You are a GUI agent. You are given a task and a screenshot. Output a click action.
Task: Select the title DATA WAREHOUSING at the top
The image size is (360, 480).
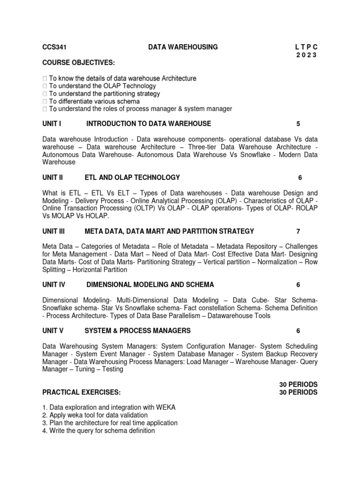(183, 47)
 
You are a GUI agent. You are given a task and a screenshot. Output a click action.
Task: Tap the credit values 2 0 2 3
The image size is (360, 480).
(306, 55)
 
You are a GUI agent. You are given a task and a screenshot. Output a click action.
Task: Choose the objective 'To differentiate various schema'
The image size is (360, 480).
(94, 101)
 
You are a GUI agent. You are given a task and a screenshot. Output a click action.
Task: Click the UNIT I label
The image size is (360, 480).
(52, 124)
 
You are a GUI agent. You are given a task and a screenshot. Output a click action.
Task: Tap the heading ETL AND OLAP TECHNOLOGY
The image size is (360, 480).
(132, 177)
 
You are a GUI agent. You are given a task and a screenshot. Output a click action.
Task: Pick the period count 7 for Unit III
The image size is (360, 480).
(298, 231)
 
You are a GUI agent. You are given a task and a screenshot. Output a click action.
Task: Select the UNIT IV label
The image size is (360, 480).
(53, 285)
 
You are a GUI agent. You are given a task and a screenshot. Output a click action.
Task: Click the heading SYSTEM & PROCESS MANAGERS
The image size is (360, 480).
(137, 330)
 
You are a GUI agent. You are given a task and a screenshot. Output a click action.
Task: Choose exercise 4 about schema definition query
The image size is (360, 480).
(98, 430)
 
